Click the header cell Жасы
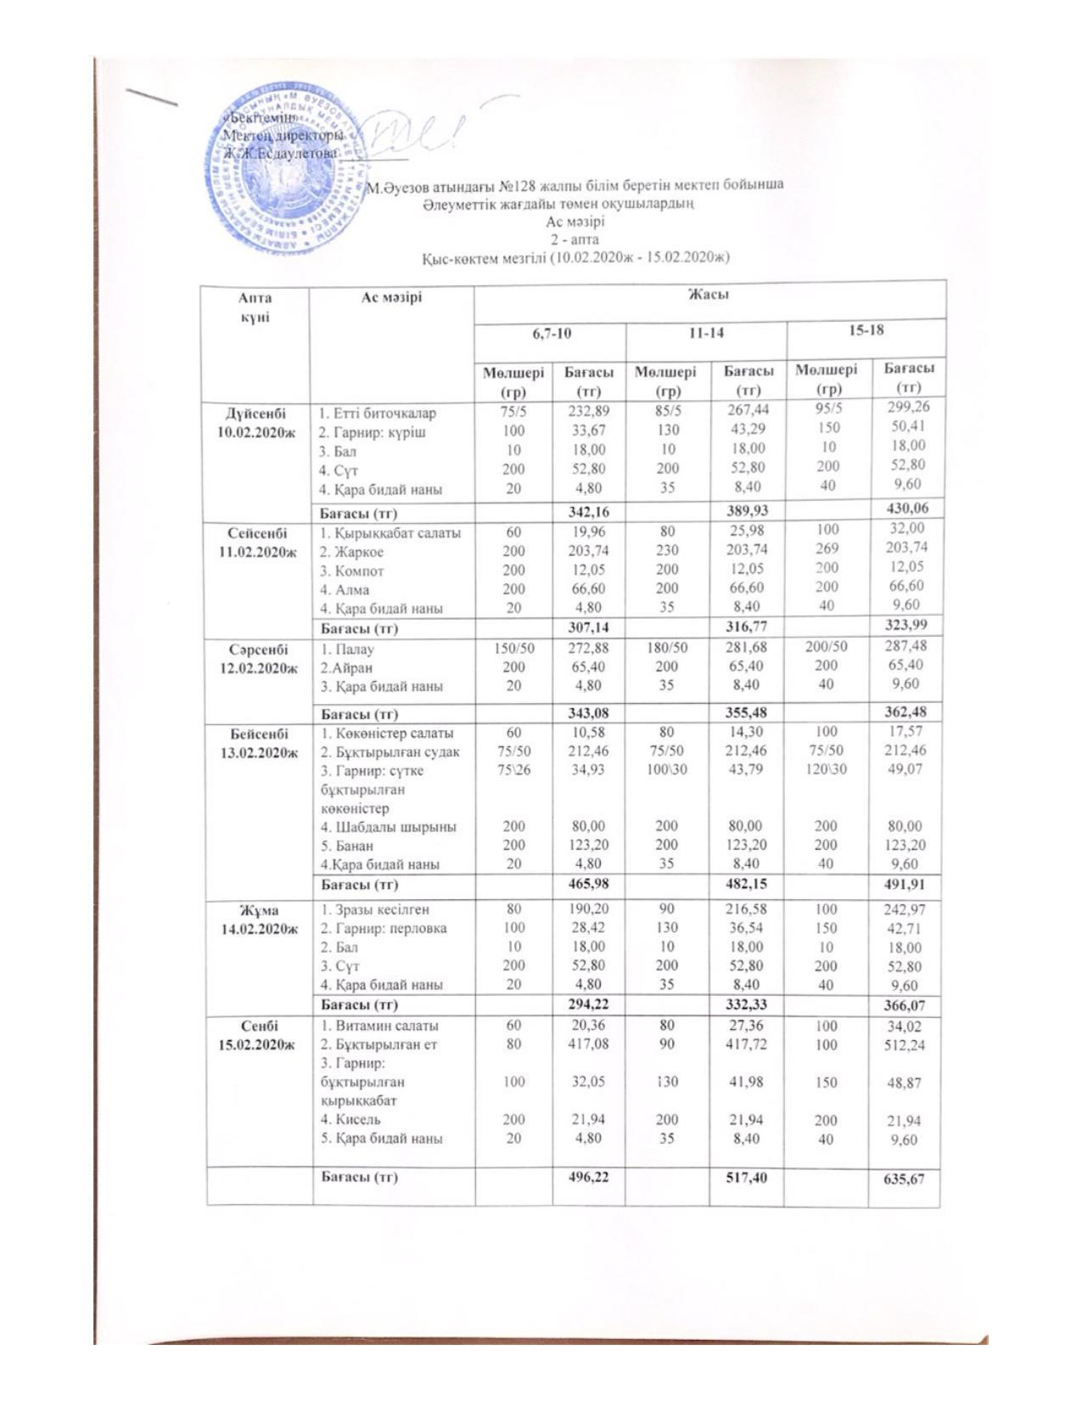click(709, 295)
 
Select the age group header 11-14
click(706, 334)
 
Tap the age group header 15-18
click(866, 329)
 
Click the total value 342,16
click(588, 512)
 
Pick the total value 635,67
click(904, 1179)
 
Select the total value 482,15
click(746, 884)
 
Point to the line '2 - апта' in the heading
click(575, 239)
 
